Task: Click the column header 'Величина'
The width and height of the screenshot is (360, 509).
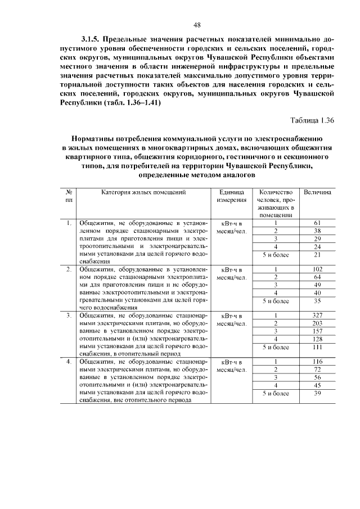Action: point(317,192)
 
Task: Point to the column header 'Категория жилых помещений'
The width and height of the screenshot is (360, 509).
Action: point(143,192)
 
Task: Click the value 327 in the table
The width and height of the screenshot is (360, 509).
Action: point(317,316)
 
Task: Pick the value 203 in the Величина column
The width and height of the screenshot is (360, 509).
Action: point(317,323)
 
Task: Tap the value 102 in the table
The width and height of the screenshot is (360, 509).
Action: point(317,269)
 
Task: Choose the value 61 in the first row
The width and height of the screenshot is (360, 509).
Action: point(317,223)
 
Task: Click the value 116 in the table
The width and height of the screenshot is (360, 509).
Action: point(317,362)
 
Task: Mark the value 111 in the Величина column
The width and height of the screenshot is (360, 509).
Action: point(317,347)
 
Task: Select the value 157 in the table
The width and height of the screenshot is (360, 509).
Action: point(317,331)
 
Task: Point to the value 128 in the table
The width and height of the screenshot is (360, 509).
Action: point(317,339)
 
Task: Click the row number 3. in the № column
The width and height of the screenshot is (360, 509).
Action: point(68,316)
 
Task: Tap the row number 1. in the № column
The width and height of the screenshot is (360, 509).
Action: point(68,223)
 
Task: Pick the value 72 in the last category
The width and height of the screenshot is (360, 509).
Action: point(317,370)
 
